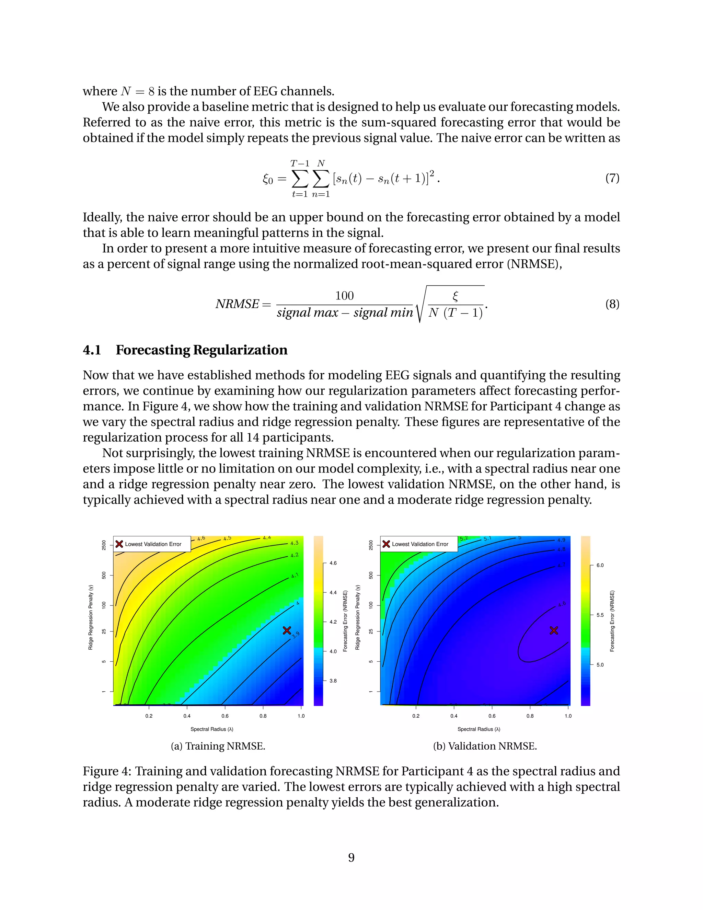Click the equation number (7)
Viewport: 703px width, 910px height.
(612, 178)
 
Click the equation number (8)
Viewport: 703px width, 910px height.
(612, 304)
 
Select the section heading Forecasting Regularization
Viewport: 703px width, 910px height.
(201, 350)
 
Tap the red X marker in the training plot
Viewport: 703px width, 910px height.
(287, 630)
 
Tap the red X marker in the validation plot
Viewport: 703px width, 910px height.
(553, 630)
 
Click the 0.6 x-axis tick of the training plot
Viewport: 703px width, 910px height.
(225, 716)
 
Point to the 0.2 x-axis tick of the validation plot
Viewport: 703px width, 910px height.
(416, 716)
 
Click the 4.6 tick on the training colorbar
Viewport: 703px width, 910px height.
(333, 563)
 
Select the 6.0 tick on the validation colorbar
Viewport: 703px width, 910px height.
(600, 566)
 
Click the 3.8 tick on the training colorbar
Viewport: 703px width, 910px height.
(333, 681)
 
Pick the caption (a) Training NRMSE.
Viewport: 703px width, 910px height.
(218, 746)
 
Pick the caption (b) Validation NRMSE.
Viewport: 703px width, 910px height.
(485, 746)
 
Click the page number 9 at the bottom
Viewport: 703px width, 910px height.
(351, 857)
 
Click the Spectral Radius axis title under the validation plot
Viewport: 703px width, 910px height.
(479, 729)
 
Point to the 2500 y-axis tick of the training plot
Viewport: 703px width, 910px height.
(104, 545)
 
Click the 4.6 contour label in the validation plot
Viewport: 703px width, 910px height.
(562, 604)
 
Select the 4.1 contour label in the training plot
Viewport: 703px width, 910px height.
(295, 576)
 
